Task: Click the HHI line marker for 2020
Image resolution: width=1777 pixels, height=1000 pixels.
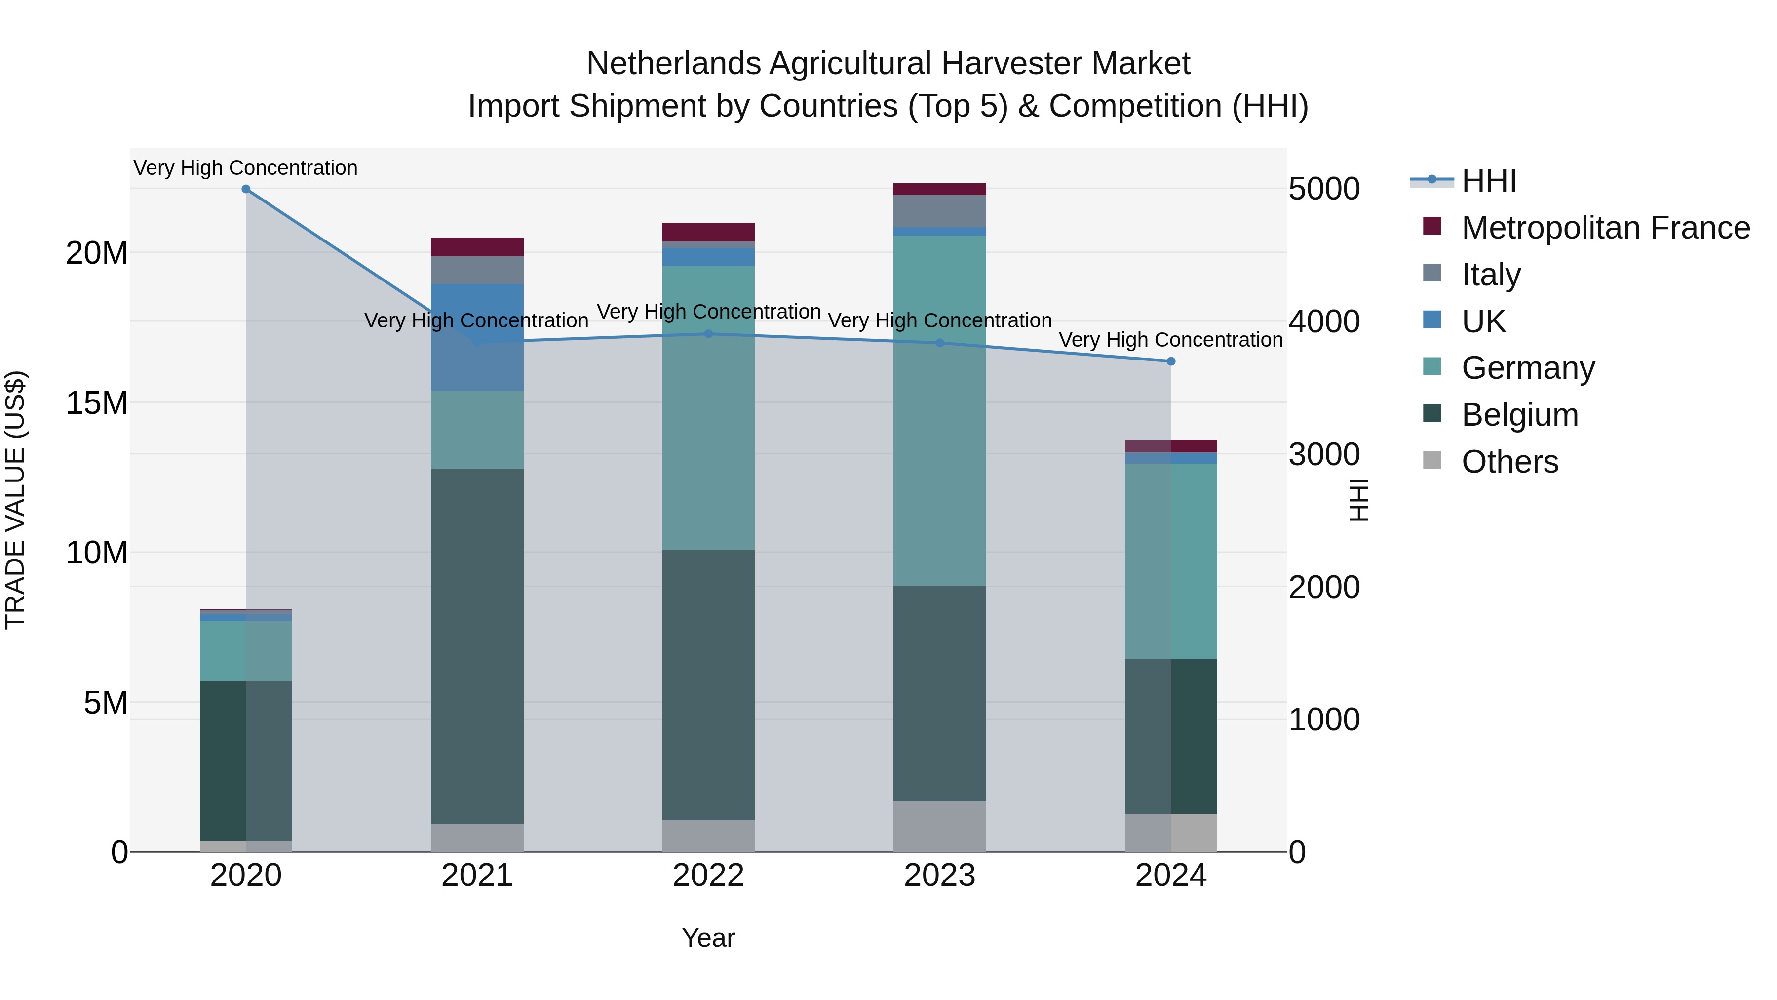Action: click(x=246, y=189)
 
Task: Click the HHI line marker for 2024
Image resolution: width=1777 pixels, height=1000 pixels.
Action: click(x=1171, y=361)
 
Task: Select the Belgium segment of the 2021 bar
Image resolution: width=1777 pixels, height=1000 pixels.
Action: click(x=477, y=645)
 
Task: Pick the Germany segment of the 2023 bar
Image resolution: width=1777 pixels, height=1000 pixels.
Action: click(x=939, y=411)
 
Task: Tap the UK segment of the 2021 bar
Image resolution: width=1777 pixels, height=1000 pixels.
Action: click(x=477, y=337)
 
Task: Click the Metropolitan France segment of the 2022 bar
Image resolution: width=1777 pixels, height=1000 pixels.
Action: click(x=708, y=232)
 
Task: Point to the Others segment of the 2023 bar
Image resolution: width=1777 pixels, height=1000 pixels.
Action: click(x=939, y=826)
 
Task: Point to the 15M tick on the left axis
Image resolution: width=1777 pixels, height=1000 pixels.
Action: click(x=97, y=403)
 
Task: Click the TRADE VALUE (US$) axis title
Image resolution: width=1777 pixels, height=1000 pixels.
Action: click(x=15, y=500)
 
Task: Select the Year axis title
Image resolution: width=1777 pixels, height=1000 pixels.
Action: click(x=708, y=938)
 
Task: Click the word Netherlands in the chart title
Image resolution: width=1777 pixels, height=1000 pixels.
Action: click(x=673, y=64)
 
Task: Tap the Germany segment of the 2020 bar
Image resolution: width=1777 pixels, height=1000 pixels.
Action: click(x=246, y=651)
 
